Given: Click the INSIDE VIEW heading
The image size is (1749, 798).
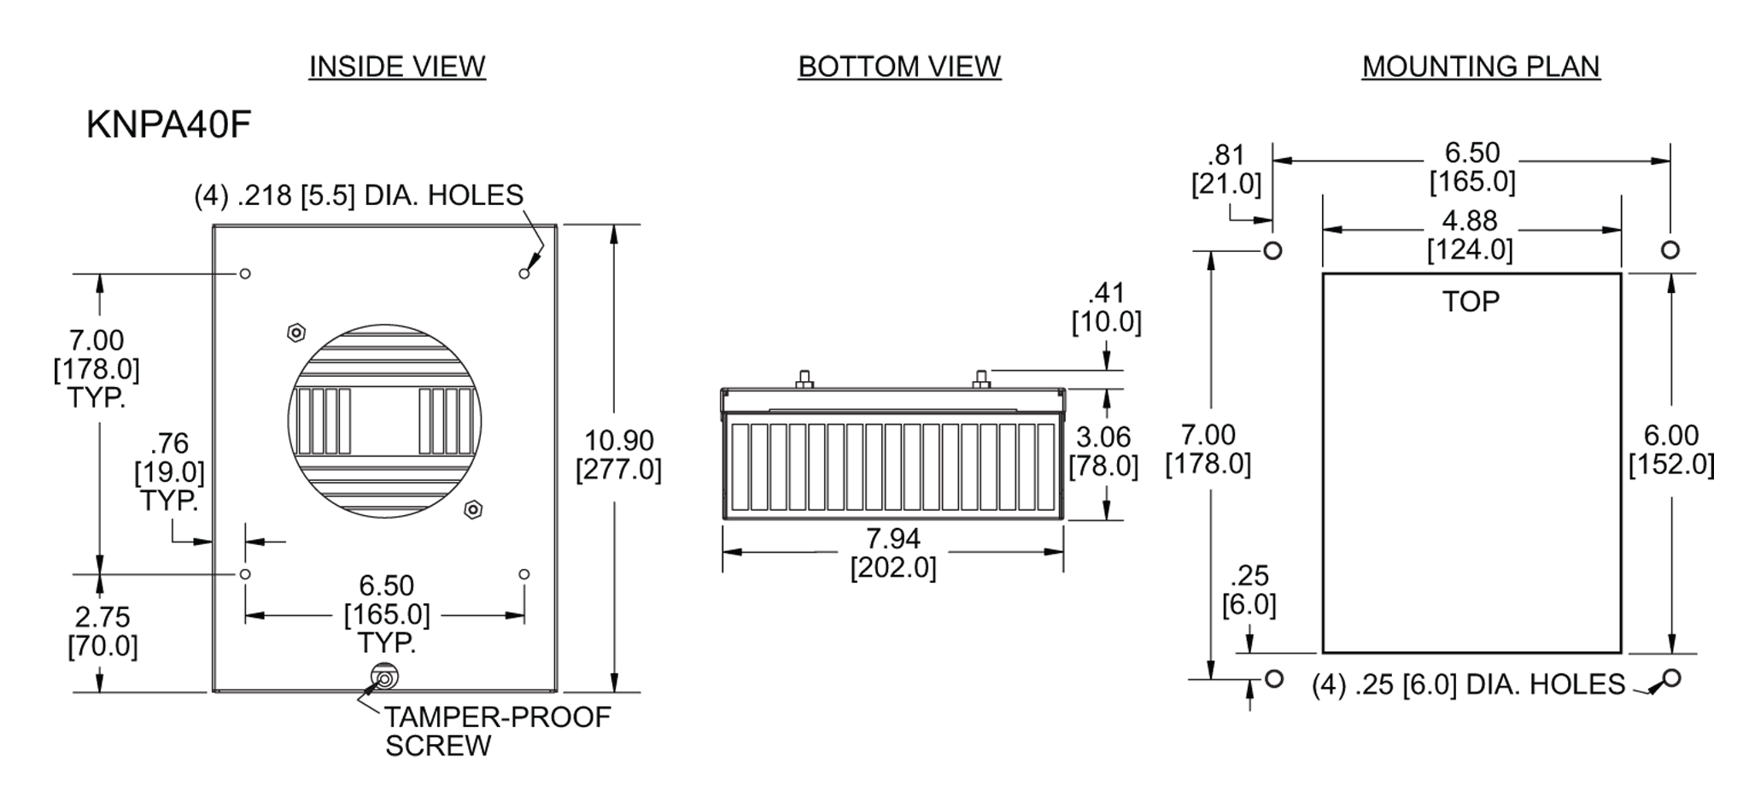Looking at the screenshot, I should tap(397, 67).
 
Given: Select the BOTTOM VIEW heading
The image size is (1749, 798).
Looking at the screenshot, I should tap(899, 67).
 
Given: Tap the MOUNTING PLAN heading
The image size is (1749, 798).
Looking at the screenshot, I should tap(1481, 67).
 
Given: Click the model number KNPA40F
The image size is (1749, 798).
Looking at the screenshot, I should tap(168, 126).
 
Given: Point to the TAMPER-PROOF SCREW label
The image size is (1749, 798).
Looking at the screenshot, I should tap(496, 731).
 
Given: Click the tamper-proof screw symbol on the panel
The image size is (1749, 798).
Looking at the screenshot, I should tap(383, 679).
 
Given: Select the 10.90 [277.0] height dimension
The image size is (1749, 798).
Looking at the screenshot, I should tap(618, 455).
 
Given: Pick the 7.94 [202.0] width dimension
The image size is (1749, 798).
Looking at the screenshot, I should tap(893, 553).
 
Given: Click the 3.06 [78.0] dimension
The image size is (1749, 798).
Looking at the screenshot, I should tap(1103, 451).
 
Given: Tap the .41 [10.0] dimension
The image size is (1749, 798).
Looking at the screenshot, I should tap(1106, 308).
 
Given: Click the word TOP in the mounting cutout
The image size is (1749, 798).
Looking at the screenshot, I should tap(1471, 302).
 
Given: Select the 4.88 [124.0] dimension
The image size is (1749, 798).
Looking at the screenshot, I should tap(1470, 235).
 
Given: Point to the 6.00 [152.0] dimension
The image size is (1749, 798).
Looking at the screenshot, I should tap(1671, 449).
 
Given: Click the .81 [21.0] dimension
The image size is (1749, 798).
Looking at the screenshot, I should tap(1226, 169).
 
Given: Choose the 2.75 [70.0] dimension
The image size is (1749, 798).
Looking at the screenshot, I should tap(102, 631).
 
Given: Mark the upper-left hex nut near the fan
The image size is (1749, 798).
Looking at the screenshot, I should tap(295, 332).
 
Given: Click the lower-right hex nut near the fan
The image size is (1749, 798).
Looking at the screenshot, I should tap(473, 510).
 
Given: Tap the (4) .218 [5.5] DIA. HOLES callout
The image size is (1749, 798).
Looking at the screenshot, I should tap(359, 196).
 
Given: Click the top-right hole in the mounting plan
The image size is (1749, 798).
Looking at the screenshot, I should tap(1670, 250).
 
